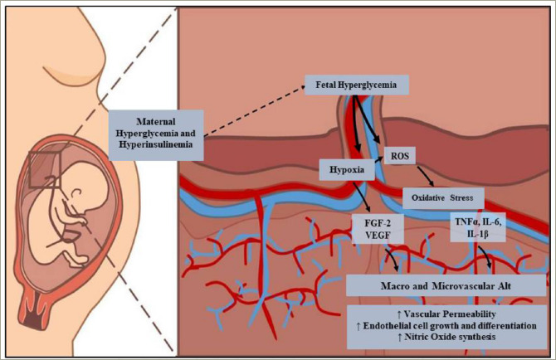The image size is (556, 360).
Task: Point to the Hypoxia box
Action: pyautogui.click(x=342, y=173)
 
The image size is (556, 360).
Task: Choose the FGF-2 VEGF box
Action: pyautogui.click(x=377, y=229)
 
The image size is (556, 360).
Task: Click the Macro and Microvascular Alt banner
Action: pyautogui.click(x=446, y=285)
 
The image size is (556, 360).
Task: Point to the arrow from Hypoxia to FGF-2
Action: pyautogui.click(x=363, y=199)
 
